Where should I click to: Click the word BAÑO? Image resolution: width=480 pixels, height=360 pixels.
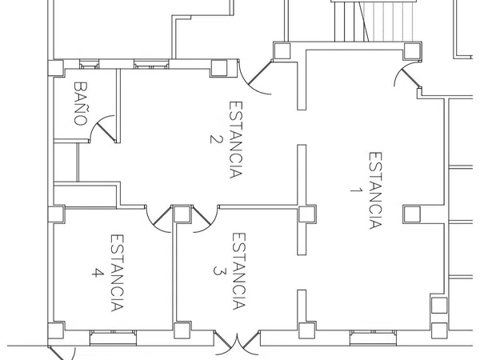point(81,103)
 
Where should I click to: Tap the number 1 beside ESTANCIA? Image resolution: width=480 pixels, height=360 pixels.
point(356,190)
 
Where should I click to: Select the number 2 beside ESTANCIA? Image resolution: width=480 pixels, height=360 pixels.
point(215,139)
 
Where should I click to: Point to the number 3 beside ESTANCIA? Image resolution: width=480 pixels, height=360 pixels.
point(219,271)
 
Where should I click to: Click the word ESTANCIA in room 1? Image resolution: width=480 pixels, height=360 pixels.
point(375,190)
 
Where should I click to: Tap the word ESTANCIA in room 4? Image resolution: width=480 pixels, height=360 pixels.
point(117,273)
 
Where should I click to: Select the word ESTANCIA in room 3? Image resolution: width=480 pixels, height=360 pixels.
point(238,271)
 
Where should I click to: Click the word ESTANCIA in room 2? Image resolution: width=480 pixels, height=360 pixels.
point(236,139)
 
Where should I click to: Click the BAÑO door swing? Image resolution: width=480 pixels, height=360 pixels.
point(102,129)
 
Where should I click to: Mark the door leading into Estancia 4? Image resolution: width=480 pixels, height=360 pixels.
point(158,219)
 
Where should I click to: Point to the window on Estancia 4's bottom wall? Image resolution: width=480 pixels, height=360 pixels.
point(113,338)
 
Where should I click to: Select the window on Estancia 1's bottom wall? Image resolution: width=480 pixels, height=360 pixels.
point(373,338)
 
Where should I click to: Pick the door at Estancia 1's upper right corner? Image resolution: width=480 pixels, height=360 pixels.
point(408,74)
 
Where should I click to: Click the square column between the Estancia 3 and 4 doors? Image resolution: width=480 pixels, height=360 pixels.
point(182,214)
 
